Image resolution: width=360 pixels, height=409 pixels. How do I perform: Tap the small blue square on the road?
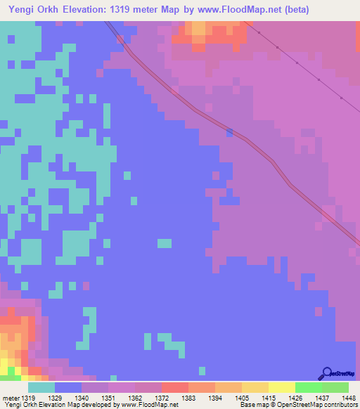(x=229, y=132)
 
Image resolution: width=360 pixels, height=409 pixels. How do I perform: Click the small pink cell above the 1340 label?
(x=86, y=286)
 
